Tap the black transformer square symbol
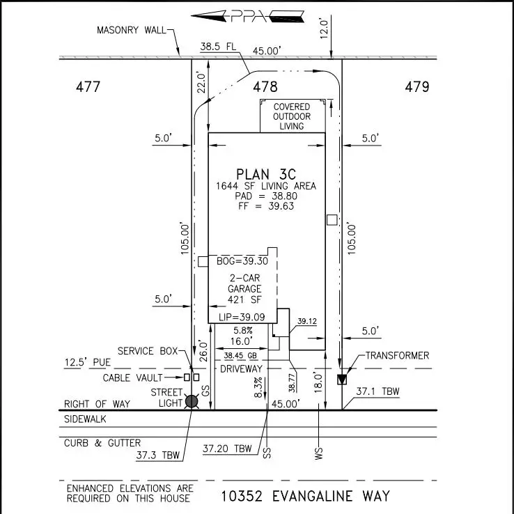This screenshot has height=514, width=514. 341,380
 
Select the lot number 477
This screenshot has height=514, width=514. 88,87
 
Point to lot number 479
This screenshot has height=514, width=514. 416,87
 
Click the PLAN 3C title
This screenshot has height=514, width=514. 266,173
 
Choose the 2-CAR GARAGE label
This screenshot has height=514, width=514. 245,288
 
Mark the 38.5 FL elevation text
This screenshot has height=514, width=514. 218,47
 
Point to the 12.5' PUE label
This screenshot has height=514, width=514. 87,364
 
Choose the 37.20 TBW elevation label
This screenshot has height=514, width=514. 227,449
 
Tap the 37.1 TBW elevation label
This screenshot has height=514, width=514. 377,392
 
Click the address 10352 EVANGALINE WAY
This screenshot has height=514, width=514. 305,497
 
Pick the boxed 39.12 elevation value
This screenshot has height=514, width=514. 307,321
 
